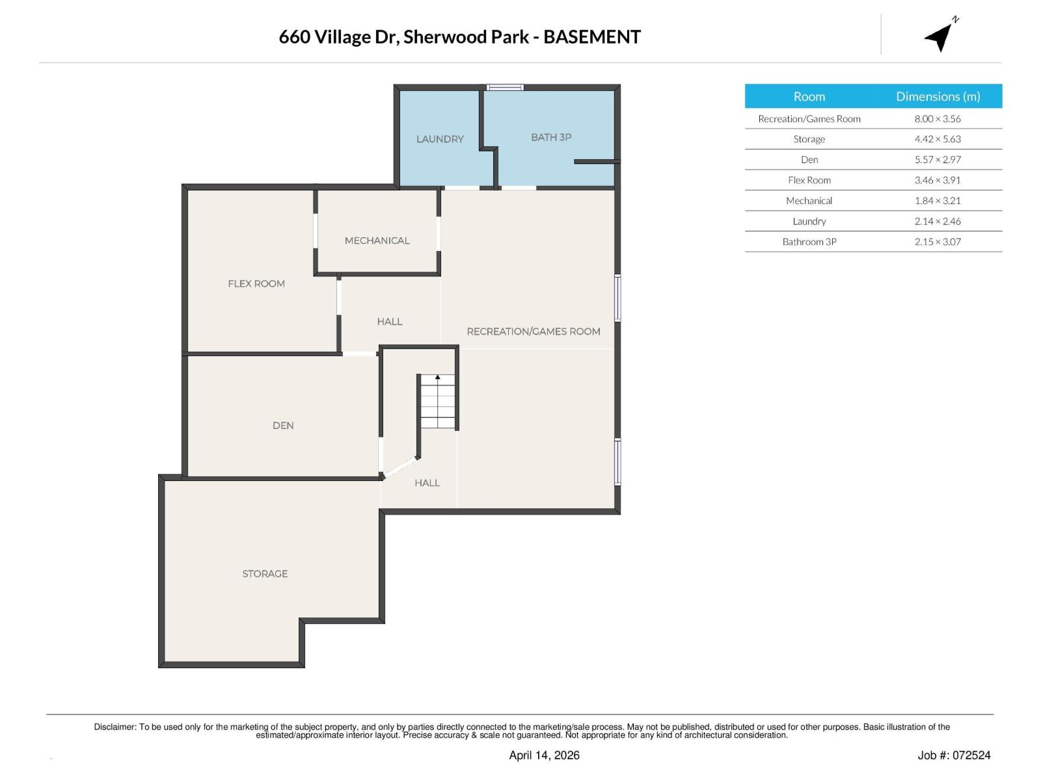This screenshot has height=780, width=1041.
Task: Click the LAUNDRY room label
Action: (x=440, y=139)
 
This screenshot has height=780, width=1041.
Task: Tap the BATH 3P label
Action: (x=551, y=137)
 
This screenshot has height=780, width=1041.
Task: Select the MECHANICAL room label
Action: (x=377, y=240)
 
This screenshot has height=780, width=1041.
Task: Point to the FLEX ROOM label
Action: (x=256, y=283)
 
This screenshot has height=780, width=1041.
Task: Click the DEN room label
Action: (x=283, y=425)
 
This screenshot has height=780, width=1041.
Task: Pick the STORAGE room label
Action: (x=265, y=573)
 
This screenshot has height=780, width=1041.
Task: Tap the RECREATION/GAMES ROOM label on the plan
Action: (x=534, y=331)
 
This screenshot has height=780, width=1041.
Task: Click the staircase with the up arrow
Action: (x=437, y=402)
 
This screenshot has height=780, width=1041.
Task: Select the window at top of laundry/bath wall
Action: (x=506, y=87)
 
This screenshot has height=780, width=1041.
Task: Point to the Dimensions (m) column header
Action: (x=938, y=96)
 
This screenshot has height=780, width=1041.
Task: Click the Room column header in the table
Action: (x=809, y=96)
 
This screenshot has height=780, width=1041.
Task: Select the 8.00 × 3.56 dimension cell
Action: (x=938, y=119)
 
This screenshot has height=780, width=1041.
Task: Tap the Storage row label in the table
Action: (x=809, y=139)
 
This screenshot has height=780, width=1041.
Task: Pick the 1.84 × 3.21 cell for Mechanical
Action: (x=938, y=201)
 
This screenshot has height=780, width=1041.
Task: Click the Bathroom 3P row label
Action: (x=809, y=242)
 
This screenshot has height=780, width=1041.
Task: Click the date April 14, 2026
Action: (x=544, y=755)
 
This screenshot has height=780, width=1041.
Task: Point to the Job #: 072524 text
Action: (x=954, y=755)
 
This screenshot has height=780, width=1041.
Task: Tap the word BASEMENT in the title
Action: (x=591, y=37)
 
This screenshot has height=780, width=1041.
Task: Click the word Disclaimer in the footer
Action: (x=115, y=727)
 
